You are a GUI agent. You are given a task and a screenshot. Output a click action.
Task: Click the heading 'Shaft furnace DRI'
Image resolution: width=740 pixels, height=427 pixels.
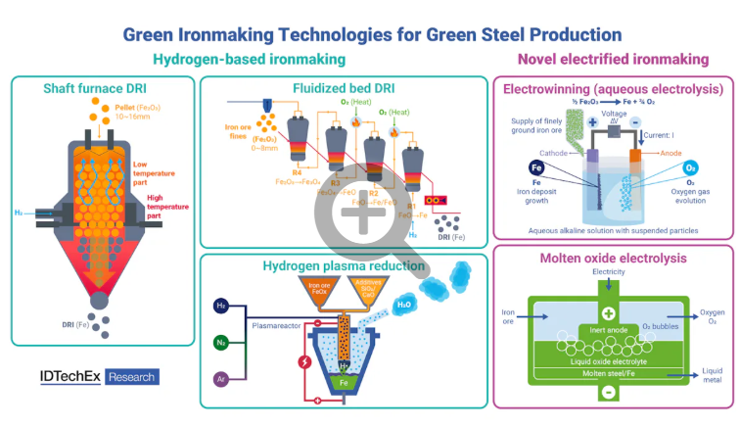[x=101, y=88]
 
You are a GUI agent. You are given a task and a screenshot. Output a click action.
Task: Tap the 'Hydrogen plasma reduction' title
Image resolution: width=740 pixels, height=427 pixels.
[x=344, y=265]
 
